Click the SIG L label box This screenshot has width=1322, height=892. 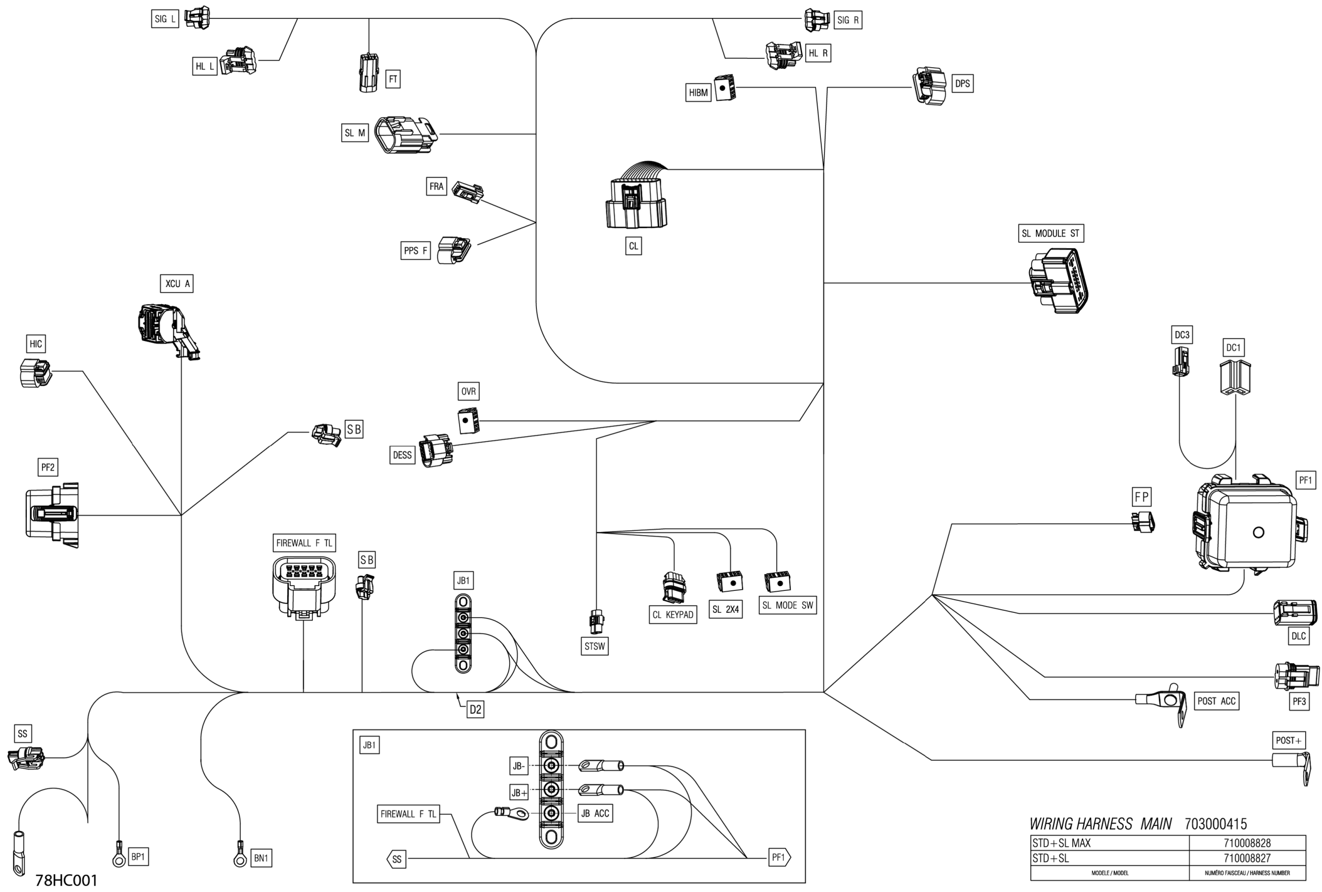tap(165, 19)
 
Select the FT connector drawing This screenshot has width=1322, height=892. tap(368, 72)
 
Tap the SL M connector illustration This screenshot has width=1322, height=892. tap(406, 135)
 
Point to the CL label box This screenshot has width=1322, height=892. tap(633, 246)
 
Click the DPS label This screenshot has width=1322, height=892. tap(962, 83)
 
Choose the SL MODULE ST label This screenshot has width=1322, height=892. tap(1050, 233)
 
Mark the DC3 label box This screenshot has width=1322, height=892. tap(1182, 335)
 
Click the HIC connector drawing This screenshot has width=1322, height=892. tap(35, 373)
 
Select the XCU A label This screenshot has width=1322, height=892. tap(177, 283)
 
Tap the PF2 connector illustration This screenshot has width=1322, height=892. tap(52, 515)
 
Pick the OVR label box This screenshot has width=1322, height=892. tap(468, 391)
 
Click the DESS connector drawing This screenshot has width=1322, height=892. tap(436, 451)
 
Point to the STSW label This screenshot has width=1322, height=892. tap(595, 646)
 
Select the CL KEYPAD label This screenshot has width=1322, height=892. tap(673, 614)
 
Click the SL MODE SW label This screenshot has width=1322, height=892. tap(787, 606)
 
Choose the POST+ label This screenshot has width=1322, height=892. tap(1288, 740)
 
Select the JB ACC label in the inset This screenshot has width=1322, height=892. tap(595, 813)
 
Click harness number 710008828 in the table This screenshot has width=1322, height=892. tap(1247, 843)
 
